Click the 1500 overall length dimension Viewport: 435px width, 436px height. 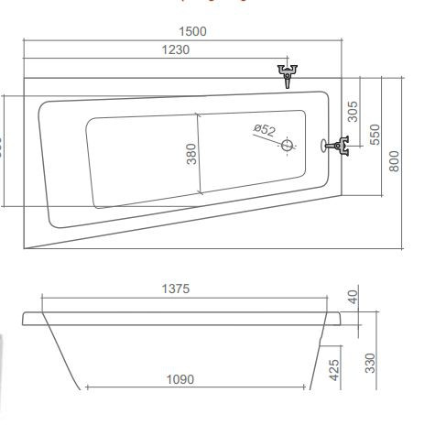(x=192, y=30)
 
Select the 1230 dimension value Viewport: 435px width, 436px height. (x=172, y=49)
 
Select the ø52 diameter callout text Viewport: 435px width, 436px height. (x=264, y=130)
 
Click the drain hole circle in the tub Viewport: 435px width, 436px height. (x=288, y=145)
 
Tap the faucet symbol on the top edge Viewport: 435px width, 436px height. (x=289, y=73)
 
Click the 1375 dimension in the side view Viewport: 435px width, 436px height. (x=174, y=289)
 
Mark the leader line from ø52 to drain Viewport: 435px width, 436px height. (x=276, y=138)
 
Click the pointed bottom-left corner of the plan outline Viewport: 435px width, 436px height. (x=25, y=249)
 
